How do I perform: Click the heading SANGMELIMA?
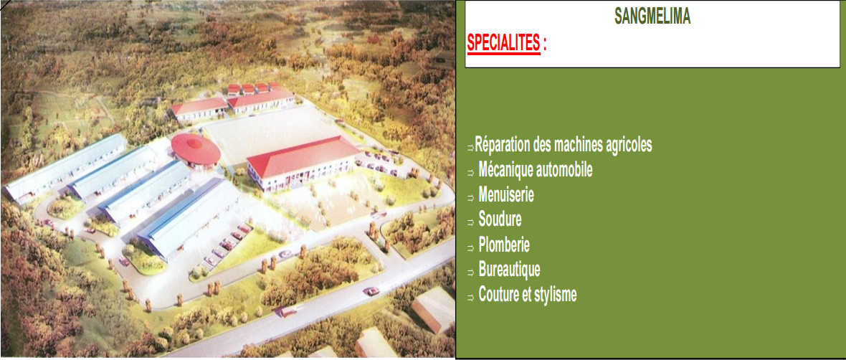(652, 16)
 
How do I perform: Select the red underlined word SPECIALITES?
(503, 44)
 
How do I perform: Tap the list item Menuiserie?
(506, 195)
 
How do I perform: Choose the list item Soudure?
(500, 219)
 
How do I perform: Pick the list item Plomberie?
(504, 245)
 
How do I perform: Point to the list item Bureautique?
(509, 270)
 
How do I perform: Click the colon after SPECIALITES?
(544, 45)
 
